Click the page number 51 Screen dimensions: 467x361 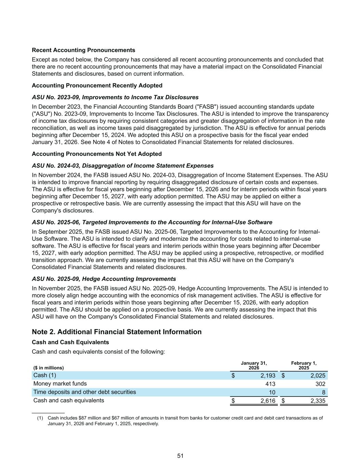pyautogui.click(x=180, y=456)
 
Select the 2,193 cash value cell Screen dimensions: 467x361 pyautogui.click(x=268, y=376)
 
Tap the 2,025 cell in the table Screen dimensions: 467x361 pyautogui.click(x=318, y=376)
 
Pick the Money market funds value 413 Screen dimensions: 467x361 pyautogui.click(x=270, y=384)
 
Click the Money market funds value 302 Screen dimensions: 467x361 pyautogui.click(x=320, y=384)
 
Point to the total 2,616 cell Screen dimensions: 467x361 pyautogui.click(x=268, y=401)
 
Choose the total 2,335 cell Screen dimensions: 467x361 pyautogui.click(x=318, y=401)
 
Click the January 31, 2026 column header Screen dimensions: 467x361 pyautogui.click(x=254, y=365)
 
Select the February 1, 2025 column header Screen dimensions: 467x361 pyautogui.click(x=304, y=365)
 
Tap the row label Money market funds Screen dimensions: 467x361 pyautogui.click(x=60, y=384)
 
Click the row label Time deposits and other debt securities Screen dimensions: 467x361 pyautogui.click(x=85, y=392)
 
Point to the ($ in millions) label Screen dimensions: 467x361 pyautogui.click(x=48, y=368)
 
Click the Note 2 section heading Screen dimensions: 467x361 pyautogui.click(x=117, y=332)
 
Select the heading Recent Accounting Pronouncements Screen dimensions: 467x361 pyautogui.click(x=83, y=50)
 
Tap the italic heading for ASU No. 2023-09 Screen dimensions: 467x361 pyautogui.click(x=115, y=97)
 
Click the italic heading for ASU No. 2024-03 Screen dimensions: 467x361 pyautogui.click(x=123, y=166)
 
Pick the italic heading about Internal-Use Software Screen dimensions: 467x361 pyautogui.click(x=152, y=222)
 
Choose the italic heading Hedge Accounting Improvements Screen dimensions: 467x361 pyautogui.click(x=104, y=279)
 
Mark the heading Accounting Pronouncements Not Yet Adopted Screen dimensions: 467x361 pyautogui.click(x=97, y=154)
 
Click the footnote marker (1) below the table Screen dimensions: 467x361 pyautogui.click(x=40, y=418)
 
